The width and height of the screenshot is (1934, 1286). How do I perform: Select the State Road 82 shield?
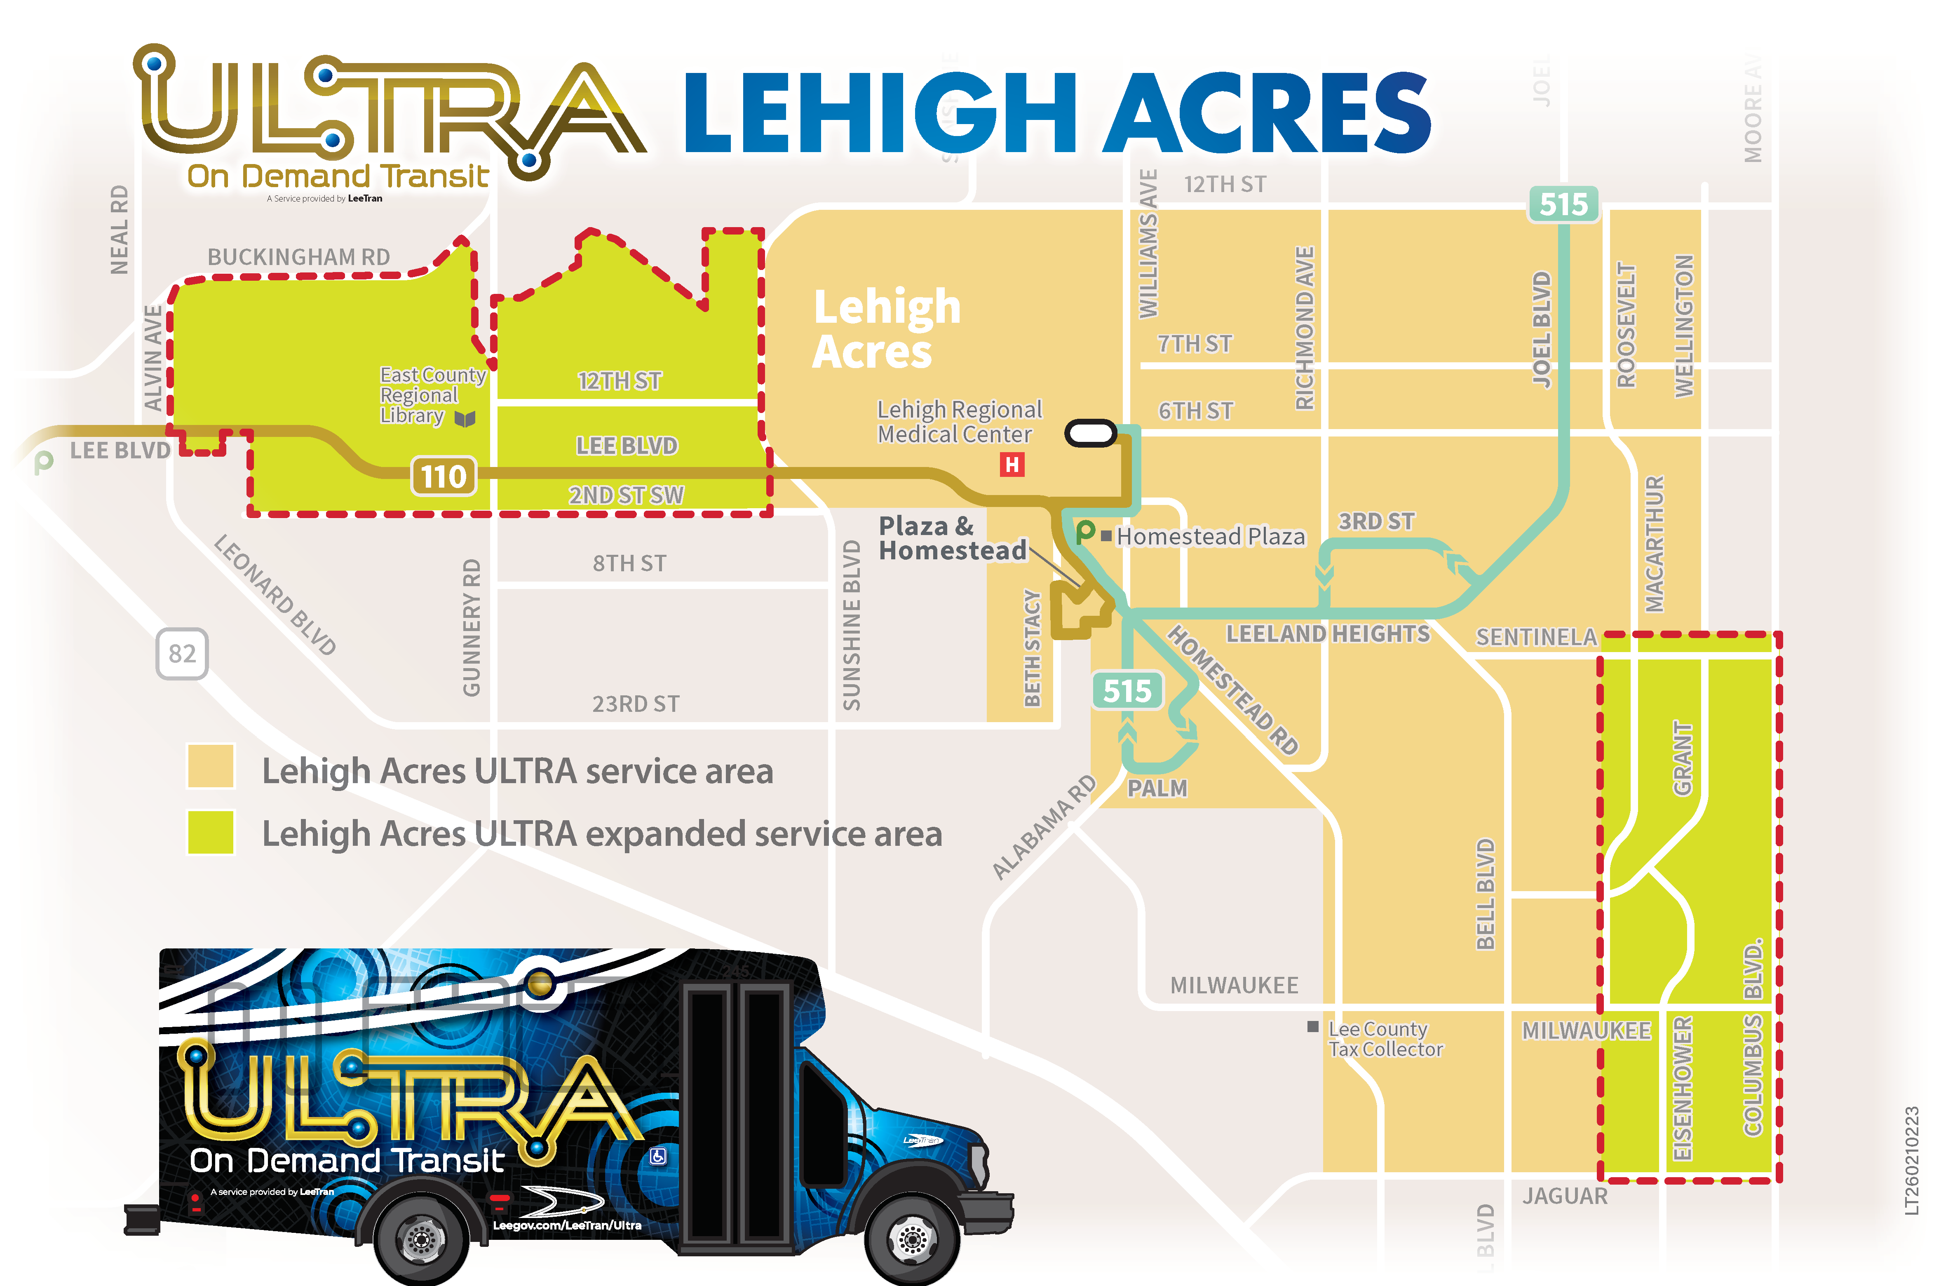coord(182,654)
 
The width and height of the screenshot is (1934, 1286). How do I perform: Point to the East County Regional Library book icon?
coord(465,419)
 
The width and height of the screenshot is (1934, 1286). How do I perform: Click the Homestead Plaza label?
coord(1210,536)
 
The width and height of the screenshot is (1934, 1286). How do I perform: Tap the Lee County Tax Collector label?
coord(1385,1039)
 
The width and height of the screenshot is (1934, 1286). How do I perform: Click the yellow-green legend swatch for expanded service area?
coord(211,833)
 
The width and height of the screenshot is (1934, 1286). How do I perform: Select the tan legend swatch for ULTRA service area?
coord(211,766)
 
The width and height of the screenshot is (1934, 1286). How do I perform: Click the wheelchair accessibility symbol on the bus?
coord(658,1156)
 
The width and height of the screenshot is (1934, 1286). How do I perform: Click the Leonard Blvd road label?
coord(275,595)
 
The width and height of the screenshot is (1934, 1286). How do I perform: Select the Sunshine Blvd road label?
coord(852,625)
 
